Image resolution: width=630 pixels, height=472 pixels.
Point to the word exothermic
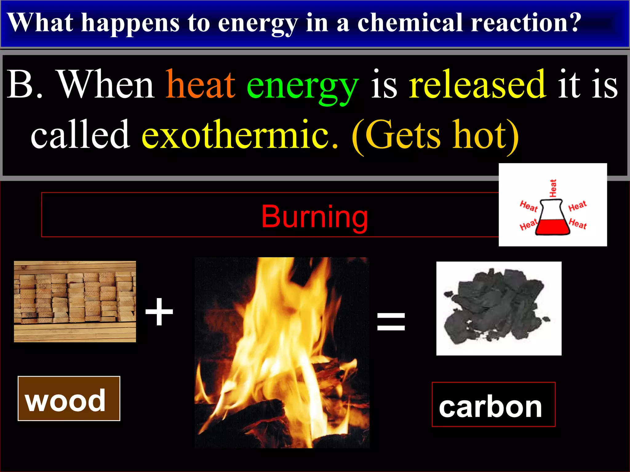point(239,135)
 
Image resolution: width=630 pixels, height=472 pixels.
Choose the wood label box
point(69,399)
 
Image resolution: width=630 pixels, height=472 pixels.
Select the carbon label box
point(493,405)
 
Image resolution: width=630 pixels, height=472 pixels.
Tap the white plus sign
point(159,312)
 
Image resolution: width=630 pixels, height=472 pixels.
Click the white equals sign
point(391,321)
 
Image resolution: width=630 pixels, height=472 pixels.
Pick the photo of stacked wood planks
point(75,301)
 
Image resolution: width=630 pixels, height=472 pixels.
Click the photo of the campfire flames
point(282,352)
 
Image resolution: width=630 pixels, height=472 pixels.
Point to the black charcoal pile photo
point(499,308)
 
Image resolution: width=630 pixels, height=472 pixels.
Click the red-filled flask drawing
point(552,221)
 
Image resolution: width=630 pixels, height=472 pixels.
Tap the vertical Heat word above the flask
point(553,188)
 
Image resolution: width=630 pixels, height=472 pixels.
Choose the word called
point(80,135)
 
